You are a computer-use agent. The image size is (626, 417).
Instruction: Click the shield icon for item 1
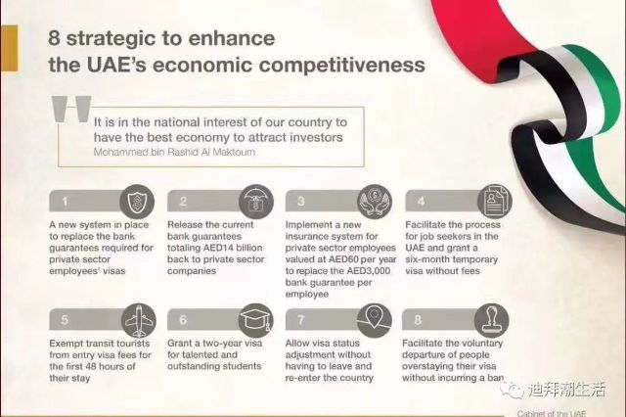(x=137, y=202)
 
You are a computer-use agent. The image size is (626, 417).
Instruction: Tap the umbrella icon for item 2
(x=255, y=202)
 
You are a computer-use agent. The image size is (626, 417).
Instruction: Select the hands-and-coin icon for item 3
(x=375, y=202)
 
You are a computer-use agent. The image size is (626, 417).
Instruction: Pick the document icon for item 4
(x=495, y=202)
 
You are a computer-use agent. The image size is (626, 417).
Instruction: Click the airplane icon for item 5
(x=138, y=321)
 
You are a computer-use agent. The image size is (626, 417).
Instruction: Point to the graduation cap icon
(x=256, y=321)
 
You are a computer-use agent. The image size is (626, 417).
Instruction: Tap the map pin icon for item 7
(x=374, y=321)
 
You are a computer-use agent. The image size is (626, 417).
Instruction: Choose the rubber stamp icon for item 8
(x=491, y=321)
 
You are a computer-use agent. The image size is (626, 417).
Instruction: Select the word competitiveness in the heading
(x=342, y=66)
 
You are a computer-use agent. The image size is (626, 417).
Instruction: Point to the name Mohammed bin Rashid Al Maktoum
(x=174, y=152)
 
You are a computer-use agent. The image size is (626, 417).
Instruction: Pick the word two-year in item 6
(x=221, y=344)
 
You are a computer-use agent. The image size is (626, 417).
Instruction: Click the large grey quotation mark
(x=71, y=109)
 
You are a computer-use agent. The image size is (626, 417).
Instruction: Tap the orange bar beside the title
(x=9, y=48)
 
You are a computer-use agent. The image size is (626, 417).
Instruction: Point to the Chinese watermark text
(x=567, y=389)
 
